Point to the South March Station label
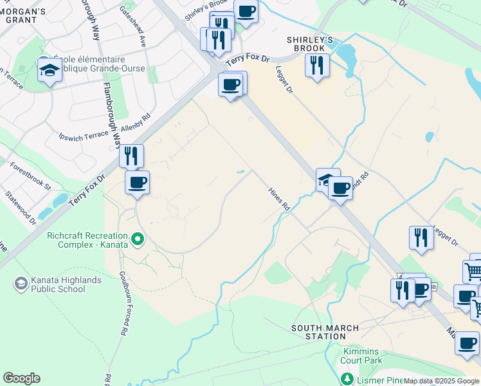pyautogui.click(x=318, y=332)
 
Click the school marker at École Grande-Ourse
pyautogui.click(x=49, y=69)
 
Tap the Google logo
pyautogui.click(x=21, y=378)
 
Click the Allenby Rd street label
pyautogui.click(x=136, y=127)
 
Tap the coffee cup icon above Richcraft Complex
pyautogui.click(x=137, y=183)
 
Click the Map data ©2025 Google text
pyautogui.click(x=441, y=381)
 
